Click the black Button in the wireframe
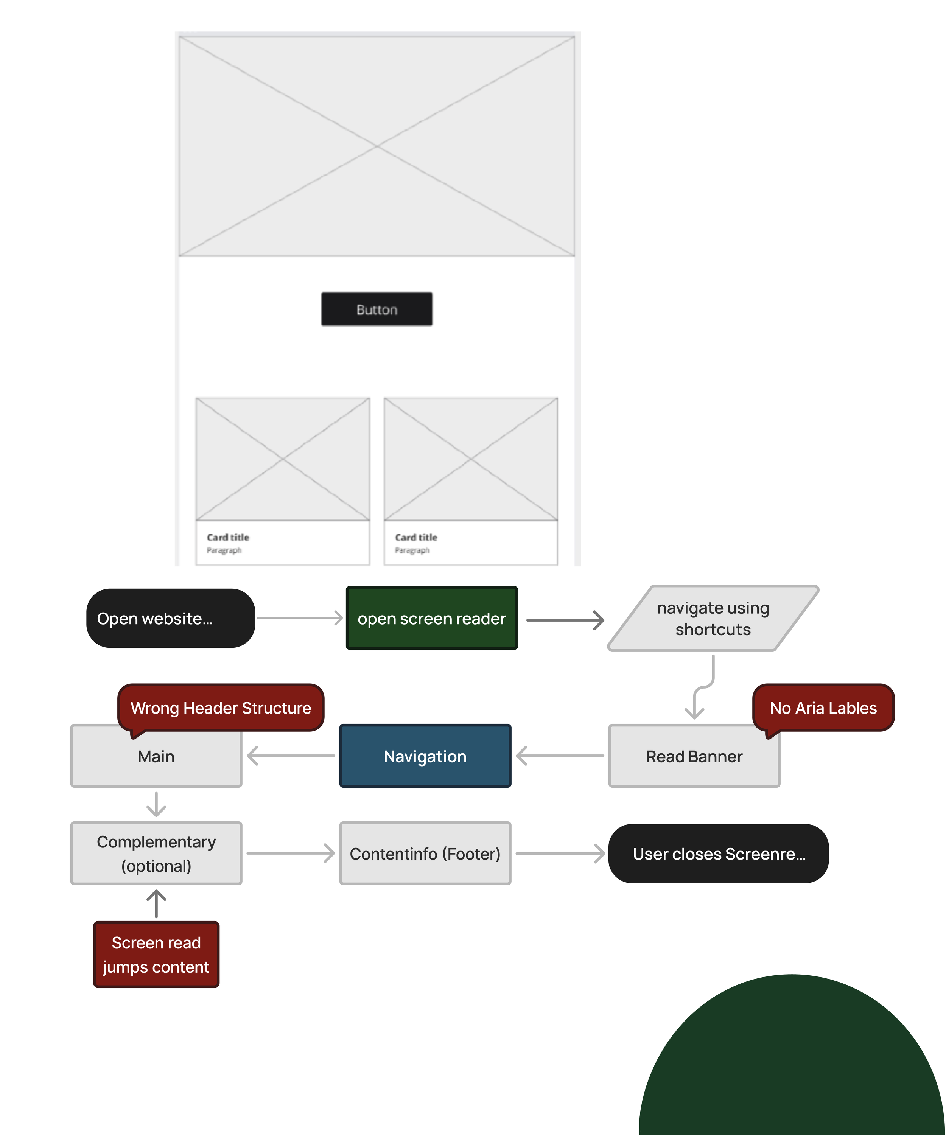pyautogui.click(x=377, y=309)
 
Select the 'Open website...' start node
pyautogui.click(x=170, y=618)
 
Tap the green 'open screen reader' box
pyautogui.click(x=431, y=618)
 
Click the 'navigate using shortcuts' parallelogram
pyautogui.click(x=713, y=618)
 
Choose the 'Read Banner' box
pyautogui.click(x=694, y=757)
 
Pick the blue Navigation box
pyautogui.click(x=425, y=756)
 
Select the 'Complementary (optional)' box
pyautogui.click(x=156, y=854)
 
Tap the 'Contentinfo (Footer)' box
pyautogui.click(x=425, y=854)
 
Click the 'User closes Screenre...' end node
pyautogui.click(x=719, y=854)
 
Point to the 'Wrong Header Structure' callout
pyautogui.click(x=221, y=707)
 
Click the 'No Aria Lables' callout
pyautogui.click(x=823, y=707)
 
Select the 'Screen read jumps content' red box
pyautogui.click(x=156, y=955)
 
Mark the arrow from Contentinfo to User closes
pyautogui.click(x=560, y=854)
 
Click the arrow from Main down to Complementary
pyautogui.click(x=156, y=804)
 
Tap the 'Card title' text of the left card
pyautogui.click(x=228, y=537)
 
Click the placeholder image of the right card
pyautogui.click(x=470, y=459)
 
